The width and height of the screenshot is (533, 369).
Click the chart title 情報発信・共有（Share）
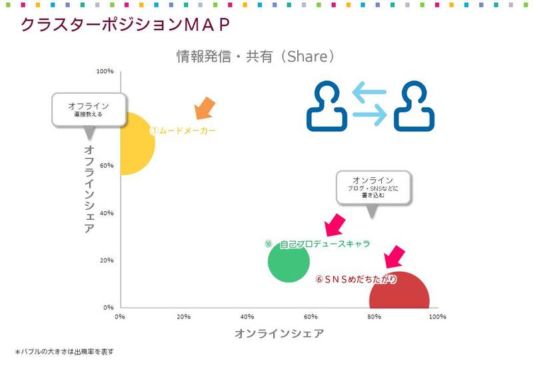pyautogui.click(x=255, y=57)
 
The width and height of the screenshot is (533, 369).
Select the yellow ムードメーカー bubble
pyautogui.click(x=136, y=144)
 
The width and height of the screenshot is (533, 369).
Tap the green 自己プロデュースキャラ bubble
pyautogui.click(x=288, y=261)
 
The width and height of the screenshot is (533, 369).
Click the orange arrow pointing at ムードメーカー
pyautogui.click(x=205, y=108)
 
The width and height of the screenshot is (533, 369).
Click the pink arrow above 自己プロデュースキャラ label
pyautogui.click(x=333, y=224)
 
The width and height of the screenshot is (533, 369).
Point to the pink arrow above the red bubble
pyautogui.click(x=394, y=256)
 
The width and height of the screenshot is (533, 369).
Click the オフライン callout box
pyautogui.click(x=88, y=109)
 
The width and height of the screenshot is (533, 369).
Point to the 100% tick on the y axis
pyautogui.click(x=105, y=71)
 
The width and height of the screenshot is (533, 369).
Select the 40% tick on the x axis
pyautogui.click(x=247, y=316)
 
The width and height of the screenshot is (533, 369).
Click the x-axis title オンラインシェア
pyautogui.click(x=278, y=334)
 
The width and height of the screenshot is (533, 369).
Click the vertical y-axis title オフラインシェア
pyautogui.click(x=89, y=189)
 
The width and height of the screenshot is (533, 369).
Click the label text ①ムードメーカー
pyautogui.click(x=182, y=131)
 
